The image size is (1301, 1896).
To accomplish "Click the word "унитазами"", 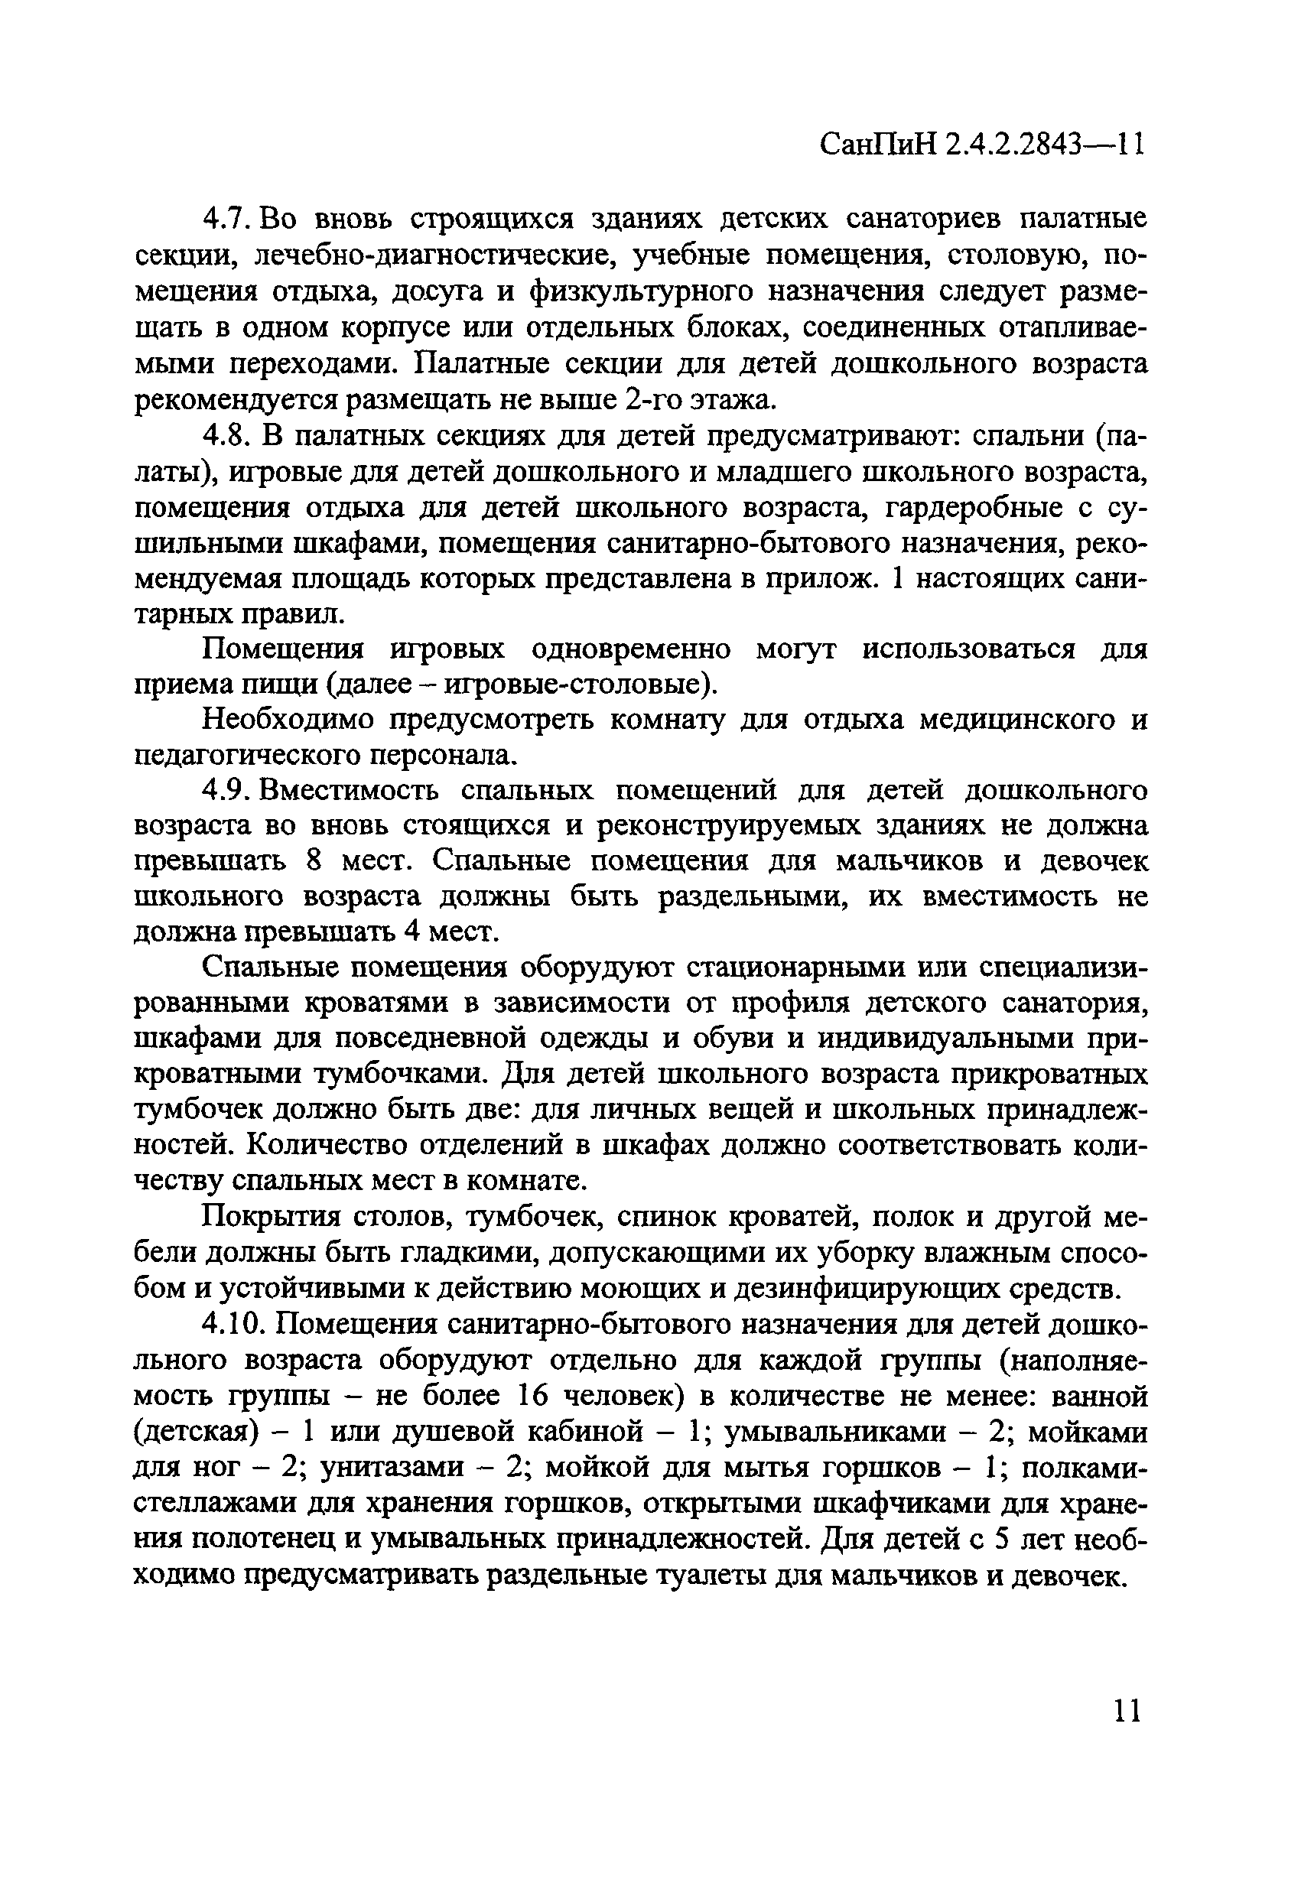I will pos(392,1467).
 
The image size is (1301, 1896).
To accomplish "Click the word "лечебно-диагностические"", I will pos(440,255).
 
